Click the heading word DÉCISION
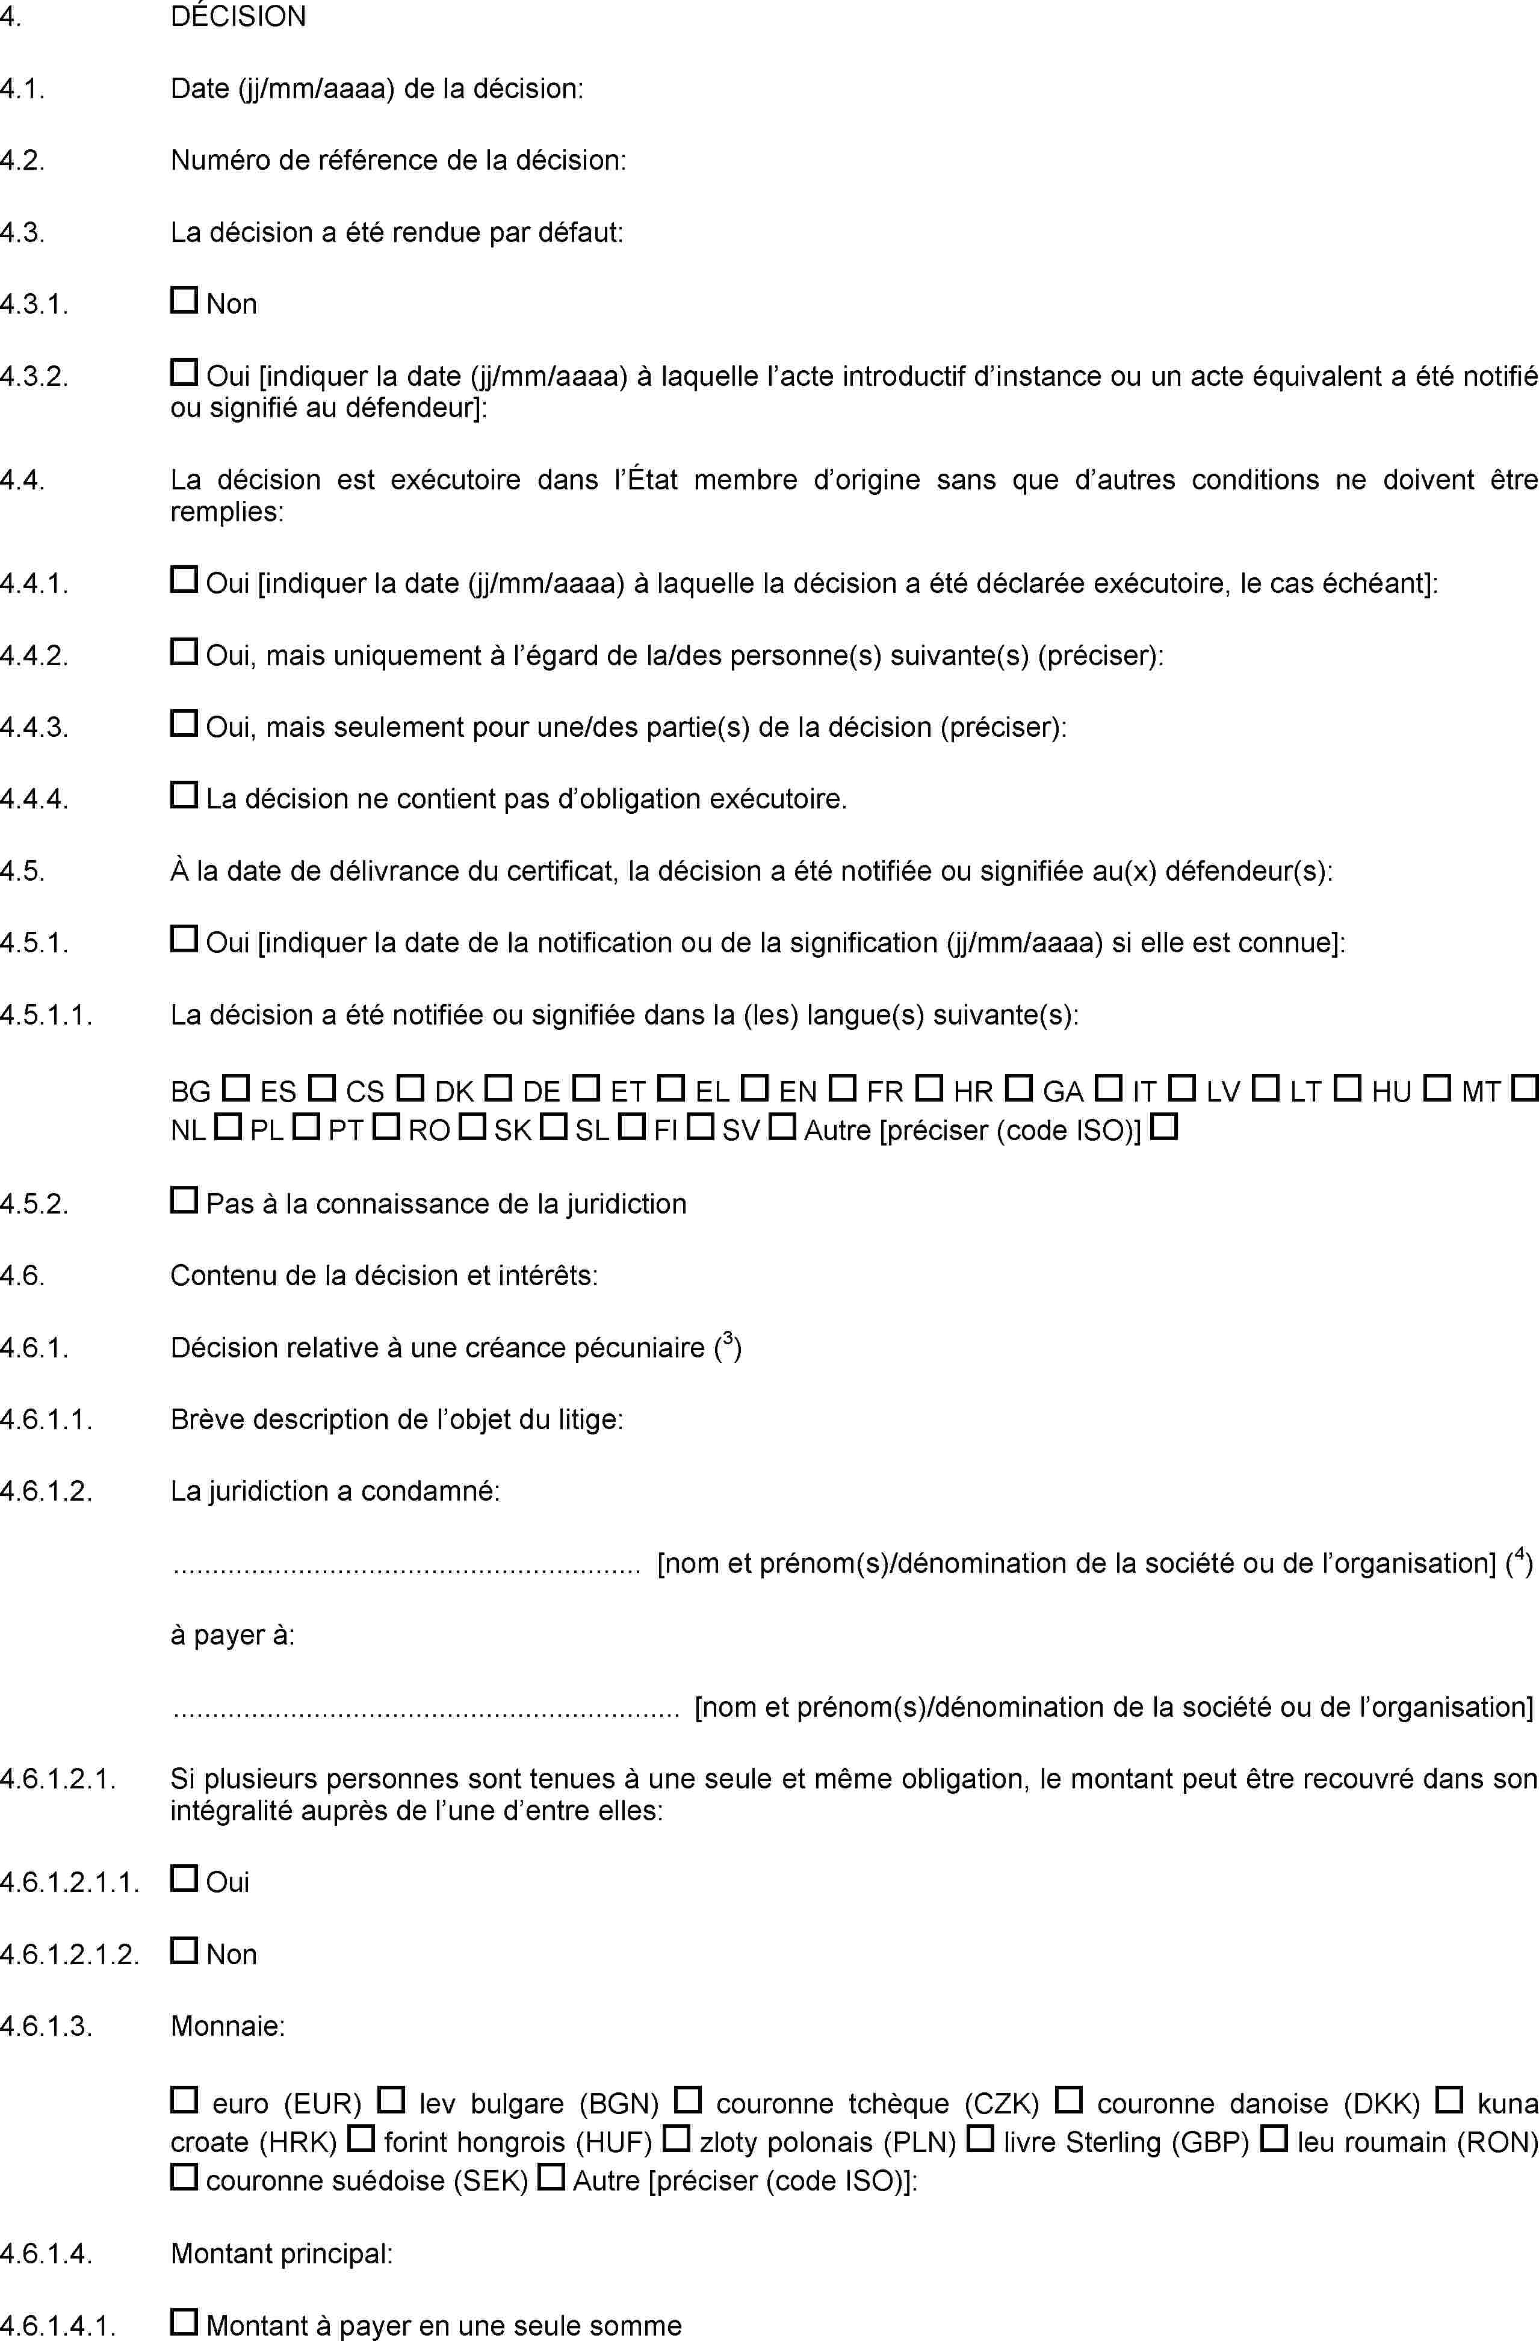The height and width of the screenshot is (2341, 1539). pyautogui.click(x=238, y=17)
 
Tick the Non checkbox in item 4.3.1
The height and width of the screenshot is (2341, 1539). pyautogui.click(x=184, y=300)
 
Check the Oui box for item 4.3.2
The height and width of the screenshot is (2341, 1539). pyautogui.click(x=184, y=373)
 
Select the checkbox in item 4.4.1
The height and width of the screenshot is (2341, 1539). pyautogui.click(x=184, y=580)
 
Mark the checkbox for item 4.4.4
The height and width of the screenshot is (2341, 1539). pyautogui.click(x=184, y=795)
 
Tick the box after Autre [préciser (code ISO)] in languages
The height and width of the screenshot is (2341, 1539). pyautogui.click(x=1164, y=1127)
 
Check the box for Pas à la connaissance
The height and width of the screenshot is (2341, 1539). pyautogui.click(x=184, y=1200)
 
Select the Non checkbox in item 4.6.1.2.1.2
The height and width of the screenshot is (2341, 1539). pyautogui.click(x=184, y=1950)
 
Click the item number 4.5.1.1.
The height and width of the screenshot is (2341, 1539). pyautogui.click(x=47, y=1015)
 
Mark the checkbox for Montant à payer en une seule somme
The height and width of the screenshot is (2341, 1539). pyautogui.click(x=184, y=2322)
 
